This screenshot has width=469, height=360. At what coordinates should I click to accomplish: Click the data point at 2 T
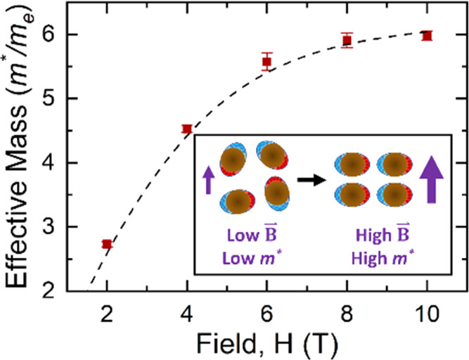(107, 244)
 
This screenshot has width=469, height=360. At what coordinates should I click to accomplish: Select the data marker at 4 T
(187, 129)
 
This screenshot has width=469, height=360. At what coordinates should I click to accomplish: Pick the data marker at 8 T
(347, 39)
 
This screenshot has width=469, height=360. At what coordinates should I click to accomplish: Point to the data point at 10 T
(426, 35)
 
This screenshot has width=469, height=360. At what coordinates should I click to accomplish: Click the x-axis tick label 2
(107, 311)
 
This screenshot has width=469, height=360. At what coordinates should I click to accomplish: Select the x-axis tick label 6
(266, 311)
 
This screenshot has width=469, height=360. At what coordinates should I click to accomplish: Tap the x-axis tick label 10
(426, 311)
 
